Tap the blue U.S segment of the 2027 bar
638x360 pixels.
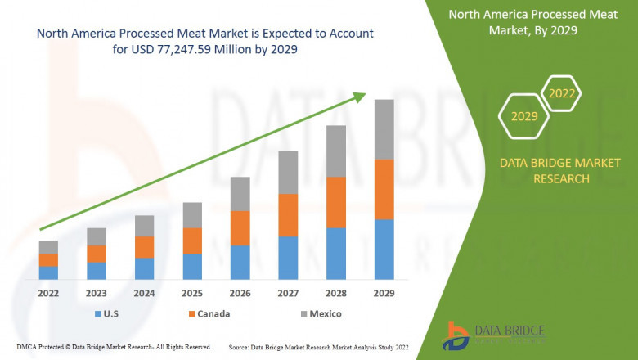coord(288,258)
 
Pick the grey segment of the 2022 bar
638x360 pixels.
coord(48,247)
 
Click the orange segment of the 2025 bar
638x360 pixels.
coord(192,241)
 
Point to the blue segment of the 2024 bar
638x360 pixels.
coord(145,268)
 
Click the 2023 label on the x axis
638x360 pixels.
coord(97,293)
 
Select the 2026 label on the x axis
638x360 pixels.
coord(240,293)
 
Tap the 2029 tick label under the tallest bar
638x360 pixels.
coord(384,293)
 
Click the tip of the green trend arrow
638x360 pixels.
coord(364,95)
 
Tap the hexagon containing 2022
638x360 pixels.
coord(561,92)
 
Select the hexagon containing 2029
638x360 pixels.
coord(524,117)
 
